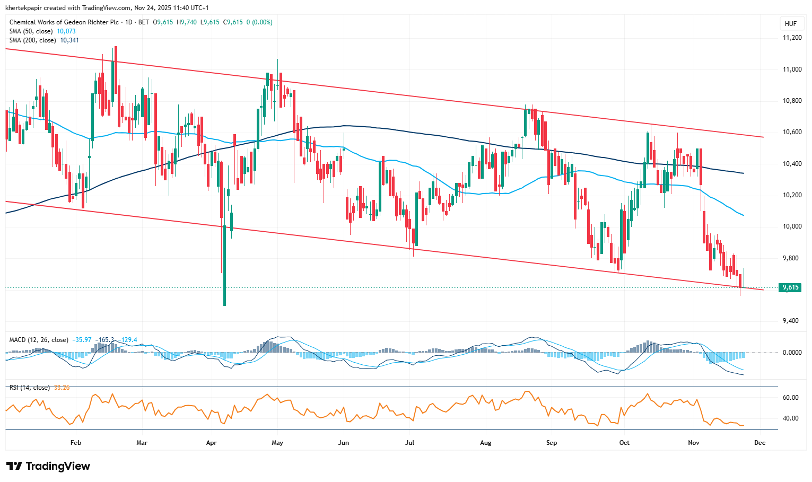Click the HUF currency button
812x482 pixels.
(x=790, y=24)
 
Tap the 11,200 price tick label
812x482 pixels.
(x=792, y=38)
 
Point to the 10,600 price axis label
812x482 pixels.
(x=792, y=133)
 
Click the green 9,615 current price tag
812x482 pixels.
(x=790, y=287)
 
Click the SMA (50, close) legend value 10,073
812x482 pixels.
(x=66, y=31)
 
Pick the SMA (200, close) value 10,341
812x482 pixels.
(x=69, y=40)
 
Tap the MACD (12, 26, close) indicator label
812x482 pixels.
(x=39, y=340)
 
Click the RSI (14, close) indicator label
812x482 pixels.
(x=30, y=388)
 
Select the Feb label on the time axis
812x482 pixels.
(x=76, y=443)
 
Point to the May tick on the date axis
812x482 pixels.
(x=277, y=443)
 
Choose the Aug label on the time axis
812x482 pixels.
(x=485, y=443)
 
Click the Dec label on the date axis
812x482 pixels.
(x=759, y=443)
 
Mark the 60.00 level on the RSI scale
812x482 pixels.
(x=791, y=398)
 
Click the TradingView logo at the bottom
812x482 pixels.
(x=48, y=466)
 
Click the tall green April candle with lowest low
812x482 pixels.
(x=224, y=265)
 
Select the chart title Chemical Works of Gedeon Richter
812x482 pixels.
(x=64, y=22)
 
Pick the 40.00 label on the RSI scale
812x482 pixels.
(x=791, y=418)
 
